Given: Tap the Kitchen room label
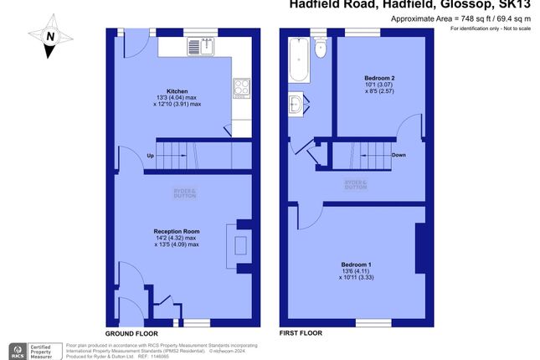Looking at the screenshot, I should [x=177, y=91].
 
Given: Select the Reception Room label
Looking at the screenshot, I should [x=176, y=231].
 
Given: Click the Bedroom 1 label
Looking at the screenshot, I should [x=357, y=265].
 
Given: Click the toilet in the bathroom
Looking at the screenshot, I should [x=319, y=49].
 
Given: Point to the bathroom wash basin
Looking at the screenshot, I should [x=296, y=105].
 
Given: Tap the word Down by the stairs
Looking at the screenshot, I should [x=399, y=155].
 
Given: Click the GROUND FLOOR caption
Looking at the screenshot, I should [x=133, y=332].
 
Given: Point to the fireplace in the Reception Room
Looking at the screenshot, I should [x=239, y=244].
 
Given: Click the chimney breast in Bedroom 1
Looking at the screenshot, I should [x=418, y=248].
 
